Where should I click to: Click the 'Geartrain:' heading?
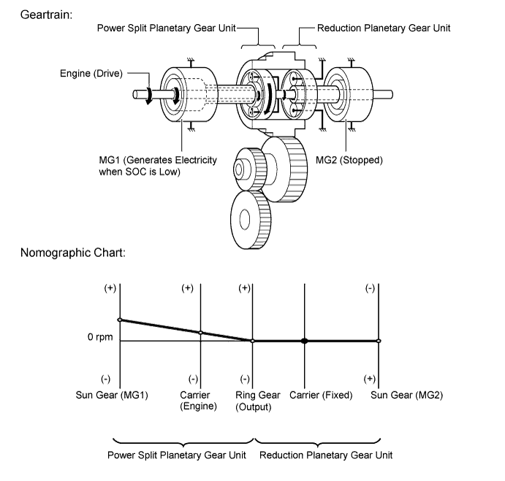click(x=46, y=15)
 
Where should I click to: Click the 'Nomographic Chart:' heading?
click(x=73, y=253)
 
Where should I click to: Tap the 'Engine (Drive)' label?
click(x=91, y=74)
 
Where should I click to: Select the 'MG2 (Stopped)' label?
click(x=349, y=160)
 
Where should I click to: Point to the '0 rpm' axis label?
click(x=100, y=337)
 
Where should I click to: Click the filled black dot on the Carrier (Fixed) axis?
click(x=304, y=341)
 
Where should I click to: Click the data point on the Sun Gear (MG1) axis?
click(x=120, y=320)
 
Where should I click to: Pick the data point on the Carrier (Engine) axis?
click(x=200, y=332)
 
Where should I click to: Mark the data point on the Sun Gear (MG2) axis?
click(x=379, y=341)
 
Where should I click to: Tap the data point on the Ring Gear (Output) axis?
click(x=253, y=341)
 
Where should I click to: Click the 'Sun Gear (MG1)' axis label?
click(x=112, y=395)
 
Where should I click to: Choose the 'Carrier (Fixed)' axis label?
click(x=321, y=395)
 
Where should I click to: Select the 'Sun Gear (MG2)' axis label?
click(x=407, y=395)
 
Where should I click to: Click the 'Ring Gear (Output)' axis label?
click(x=258, y=401)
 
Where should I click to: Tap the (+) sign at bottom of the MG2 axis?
click(x=369, y=379)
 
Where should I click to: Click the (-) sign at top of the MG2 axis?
click(x=370, y=288)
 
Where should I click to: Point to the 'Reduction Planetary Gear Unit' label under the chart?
click(x=326, y=455)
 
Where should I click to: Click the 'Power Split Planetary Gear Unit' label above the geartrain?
click(x=167, y=28)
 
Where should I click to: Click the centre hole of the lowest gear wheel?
click(x=245, y=220)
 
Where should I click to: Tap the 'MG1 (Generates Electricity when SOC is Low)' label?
click(x=158, y=166)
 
